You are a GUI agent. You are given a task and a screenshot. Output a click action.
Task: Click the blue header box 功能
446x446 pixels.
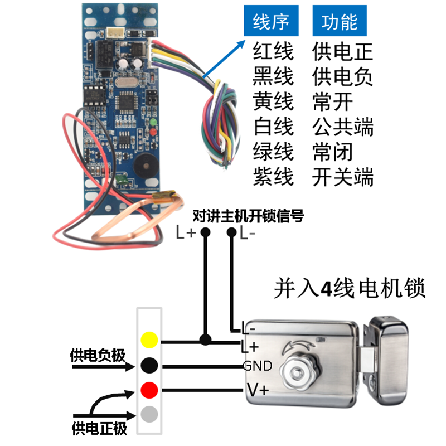point(340,23)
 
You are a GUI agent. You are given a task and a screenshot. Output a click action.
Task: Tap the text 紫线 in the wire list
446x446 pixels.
point(273,177)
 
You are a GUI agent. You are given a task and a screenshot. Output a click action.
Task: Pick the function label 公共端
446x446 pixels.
point(343,127)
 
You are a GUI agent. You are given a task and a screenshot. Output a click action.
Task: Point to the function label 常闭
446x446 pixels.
point(333,152)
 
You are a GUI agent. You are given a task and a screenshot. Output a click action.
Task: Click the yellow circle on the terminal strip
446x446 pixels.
point(149,340)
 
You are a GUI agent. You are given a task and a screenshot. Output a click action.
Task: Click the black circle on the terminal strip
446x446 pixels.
point(149,365)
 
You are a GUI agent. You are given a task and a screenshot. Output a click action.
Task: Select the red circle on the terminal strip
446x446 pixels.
point(149,390)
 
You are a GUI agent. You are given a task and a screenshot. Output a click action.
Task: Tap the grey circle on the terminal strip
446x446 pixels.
point(149,415)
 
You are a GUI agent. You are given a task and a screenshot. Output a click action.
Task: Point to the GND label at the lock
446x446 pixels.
point(257,366)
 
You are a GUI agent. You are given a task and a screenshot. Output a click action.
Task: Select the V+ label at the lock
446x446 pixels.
point(258,390)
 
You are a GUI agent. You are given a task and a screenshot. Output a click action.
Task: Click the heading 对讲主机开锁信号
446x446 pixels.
point(248,216)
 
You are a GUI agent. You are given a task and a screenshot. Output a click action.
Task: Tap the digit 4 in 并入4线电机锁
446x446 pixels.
point(327,289)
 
